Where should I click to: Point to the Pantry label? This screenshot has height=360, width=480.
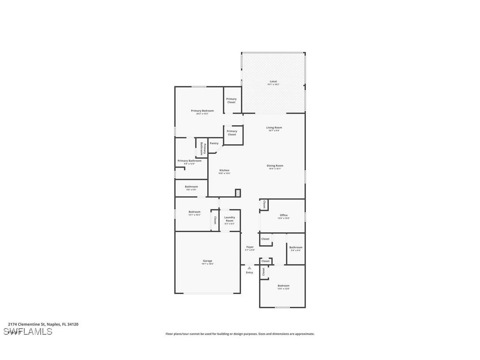click(214, 143)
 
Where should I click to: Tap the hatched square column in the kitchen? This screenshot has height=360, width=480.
click(238, 193)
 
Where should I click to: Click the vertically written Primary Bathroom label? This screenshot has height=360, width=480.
click(202, 148)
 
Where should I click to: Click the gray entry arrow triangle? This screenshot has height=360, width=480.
click(250, 268)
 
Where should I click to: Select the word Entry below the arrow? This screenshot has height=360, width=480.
click(250, 272)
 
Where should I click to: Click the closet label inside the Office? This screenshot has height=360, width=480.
click(264, 204)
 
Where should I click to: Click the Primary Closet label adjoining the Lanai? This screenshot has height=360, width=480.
click(232, 100)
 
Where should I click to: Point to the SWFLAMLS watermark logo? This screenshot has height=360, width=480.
click(27, 331)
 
